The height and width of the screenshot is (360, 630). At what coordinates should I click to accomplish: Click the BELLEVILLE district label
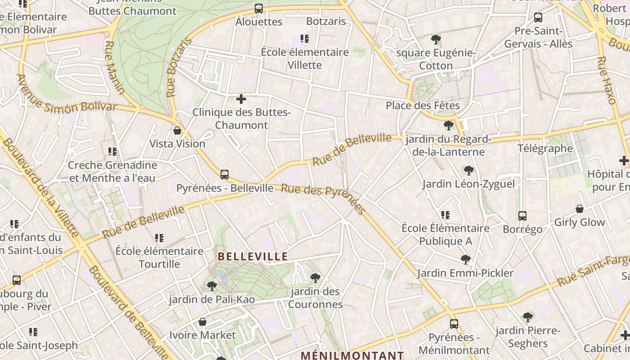pos(253,256)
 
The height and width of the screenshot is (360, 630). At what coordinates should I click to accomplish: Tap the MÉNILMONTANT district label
pos(353,355)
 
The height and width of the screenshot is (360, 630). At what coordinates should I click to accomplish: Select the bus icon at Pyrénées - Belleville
pos(225,175)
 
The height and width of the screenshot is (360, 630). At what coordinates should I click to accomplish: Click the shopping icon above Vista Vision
pos(177,131)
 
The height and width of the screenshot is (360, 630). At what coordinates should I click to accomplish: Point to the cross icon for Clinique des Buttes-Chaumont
pos(241,99)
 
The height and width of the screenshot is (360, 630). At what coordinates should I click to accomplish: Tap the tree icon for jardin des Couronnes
pos(315,278)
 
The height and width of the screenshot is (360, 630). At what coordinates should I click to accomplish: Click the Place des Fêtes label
pos(423,106)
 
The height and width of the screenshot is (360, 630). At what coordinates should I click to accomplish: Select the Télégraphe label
pos(545,148)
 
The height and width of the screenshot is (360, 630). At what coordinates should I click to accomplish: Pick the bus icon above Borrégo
pos(522,216)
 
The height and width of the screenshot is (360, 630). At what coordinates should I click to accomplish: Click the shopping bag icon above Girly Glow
pos(580,209)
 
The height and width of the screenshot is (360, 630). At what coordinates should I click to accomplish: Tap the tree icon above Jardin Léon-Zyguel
pos(469,171)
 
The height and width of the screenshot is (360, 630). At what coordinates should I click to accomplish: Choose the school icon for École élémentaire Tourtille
pos(159,238)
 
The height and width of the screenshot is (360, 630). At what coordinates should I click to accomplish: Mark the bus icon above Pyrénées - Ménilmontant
pos(454,324)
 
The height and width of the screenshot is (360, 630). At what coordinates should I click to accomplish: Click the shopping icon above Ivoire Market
pos(202,322)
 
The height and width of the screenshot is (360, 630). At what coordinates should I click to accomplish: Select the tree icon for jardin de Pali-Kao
pos(211,286)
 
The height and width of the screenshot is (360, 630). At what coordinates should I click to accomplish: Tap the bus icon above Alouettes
pos(259,9)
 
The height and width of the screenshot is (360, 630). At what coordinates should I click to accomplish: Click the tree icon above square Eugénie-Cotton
pos(436,40)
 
